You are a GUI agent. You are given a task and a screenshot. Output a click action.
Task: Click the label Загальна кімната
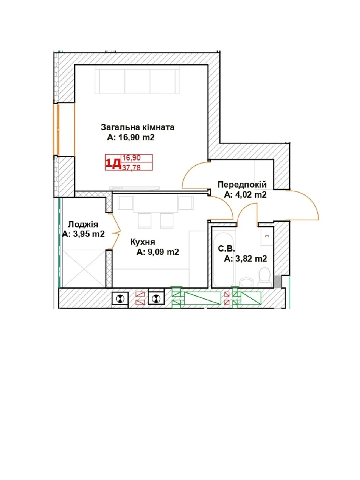point(137,127)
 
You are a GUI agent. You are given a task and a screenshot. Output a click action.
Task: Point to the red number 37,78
point(132,167)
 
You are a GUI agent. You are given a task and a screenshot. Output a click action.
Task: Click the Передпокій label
point(242,184)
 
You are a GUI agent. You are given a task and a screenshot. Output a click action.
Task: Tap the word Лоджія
point(83,224)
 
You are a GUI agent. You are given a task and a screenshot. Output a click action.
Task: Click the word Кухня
point(143,242)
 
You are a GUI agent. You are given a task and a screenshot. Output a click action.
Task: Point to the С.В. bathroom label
point(226,249)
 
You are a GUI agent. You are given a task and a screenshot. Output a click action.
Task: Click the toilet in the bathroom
point(264,277)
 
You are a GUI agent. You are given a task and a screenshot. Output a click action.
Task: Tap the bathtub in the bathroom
point(224,259)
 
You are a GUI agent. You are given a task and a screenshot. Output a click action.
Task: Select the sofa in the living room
point(137,81)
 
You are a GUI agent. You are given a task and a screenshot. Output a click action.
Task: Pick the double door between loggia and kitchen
point(115,231)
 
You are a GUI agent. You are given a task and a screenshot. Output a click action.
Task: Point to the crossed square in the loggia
point(84,268)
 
